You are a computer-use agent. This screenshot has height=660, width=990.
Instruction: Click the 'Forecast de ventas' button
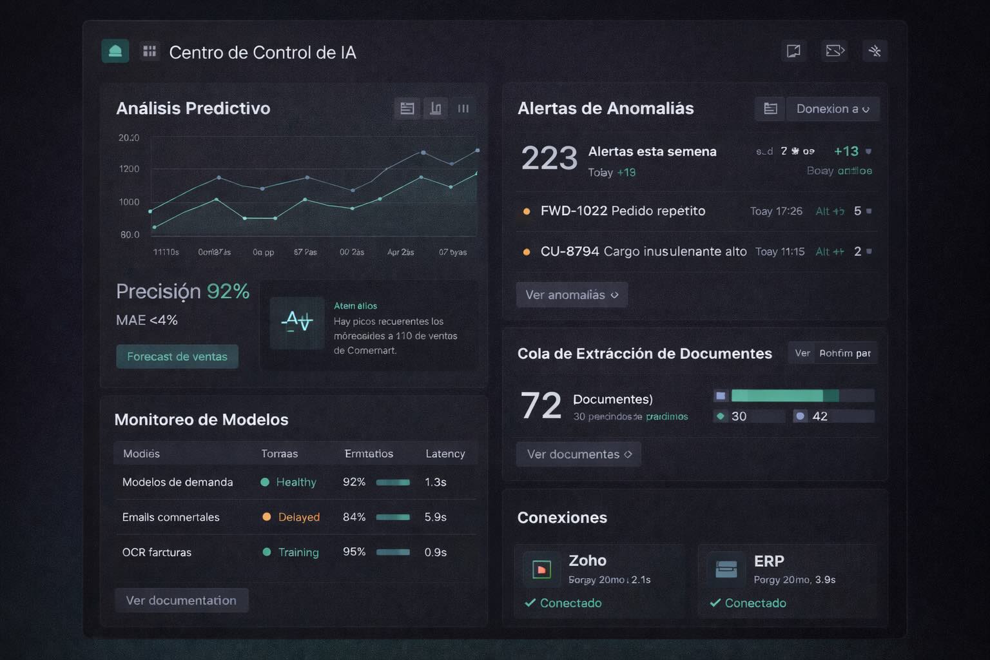177,356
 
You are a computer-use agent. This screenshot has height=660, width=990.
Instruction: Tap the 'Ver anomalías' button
572,295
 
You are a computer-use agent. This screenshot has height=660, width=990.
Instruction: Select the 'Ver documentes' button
579,454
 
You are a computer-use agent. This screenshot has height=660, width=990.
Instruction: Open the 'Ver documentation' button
181,600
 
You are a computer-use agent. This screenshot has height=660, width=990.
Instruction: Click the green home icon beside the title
115,52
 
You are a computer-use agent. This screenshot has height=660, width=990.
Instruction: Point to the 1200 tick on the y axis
129,169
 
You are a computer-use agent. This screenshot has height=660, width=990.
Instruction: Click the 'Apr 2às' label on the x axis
400,252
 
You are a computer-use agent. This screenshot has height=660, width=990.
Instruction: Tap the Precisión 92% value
182,291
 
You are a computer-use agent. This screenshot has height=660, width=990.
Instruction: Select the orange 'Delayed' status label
298,517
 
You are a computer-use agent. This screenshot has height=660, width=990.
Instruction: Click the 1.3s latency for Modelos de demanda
435,482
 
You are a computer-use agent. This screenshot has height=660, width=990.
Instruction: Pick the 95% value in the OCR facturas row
354,552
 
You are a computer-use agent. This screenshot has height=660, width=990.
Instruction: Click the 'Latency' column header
445,454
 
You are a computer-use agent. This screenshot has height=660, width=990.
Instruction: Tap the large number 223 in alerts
549,158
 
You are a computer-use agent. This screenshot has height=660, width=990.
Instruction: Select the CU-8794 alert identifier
570,251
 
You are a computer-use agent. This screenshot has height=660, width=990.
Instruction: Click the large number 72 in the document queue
541,406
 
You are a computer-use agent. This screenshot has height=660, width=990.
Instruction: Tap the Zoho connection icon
541,569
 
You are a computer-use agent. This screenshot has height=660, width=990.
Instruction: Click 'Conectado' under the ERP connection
755,603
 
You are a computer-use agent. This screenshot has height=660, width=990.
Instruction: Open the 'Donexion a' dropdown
832,109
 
